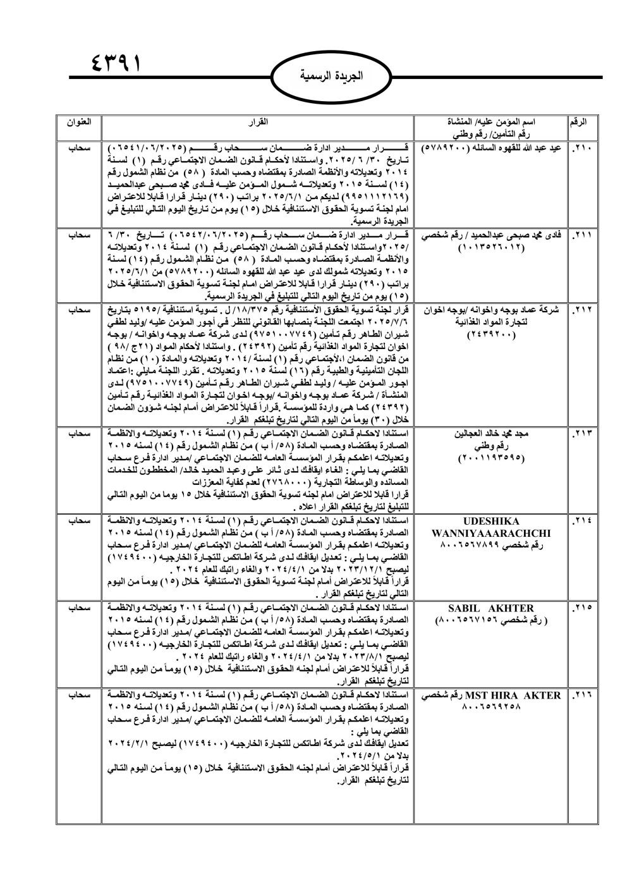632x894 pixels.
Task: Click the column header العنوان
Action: pos(78,119)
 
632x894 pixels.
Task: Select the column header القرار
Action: pos(258,119)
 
